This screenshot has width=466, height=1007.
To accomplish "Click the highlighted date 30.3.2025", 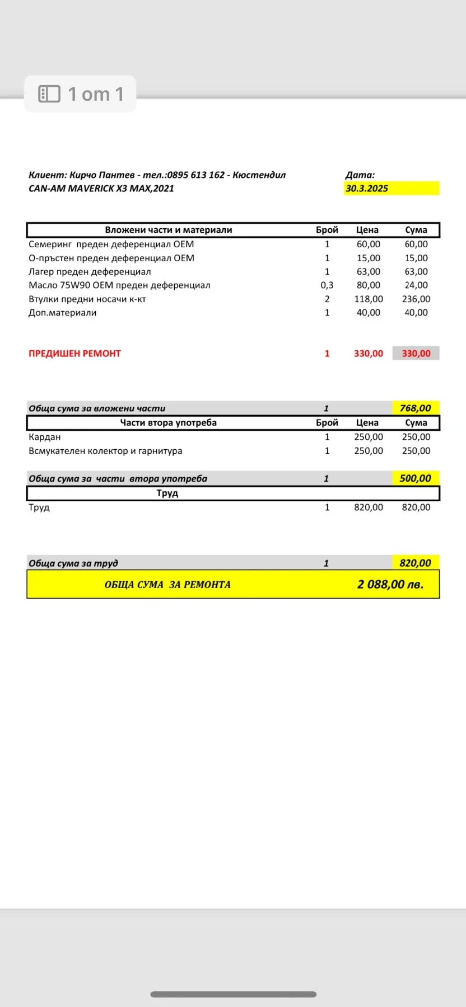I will [x=367, y=189].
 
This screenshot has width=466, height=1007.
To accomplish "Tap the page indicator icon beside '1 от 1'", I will [x=49, y=94].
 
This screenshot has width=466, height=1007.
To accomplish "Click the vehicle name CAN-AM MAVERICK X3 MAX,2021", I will [x=101, y=189].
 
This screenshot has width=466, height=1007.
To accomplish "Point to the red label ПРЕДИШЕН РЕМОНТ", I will [x=74, y=354].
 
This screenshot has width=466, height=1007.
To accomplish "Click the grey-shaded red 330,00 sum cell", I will [x=416, y=354].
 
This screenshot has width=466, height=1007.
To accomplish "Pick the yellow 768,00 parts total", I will [x=416, y=408].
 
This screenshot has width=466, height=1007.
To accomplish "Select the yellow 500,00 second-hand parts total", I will [x=416, y=478].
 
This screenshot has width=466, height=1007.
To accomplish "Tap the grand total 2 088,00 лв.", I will [x=390, y=585].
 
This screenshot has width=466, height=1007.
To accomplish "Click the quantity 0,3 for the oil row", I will [x=327, y=285].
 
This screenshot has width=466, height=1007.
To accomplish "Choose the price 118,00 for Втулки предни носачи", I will [x=369, y=299].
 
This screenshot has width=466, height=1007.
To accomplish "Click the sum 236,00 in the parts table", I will [x=416, y=299].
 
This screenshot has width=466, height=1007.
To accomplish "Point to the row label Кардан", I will [x=45, y=437].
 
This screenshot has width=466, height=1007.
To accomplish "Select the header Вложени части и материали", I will [x=169, y=230].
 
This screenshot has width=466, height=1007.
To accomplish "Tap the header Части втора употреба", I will [x=169, y=423].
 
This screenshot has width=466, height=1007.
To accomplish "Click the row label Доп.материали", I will [x=63, y=313].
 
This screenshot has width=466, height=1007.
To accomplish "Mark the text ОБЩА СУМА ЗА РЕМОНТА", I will [x=167, y=585].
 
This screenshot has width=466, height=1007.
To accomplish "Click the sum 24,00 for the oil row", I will [x=416, y=285].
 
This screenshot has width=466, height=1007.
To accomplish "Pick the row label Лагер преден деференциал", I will [x=90, y=272].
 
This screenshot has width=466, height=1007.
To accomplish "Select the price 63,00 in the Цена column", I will [x=369, y=272].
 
